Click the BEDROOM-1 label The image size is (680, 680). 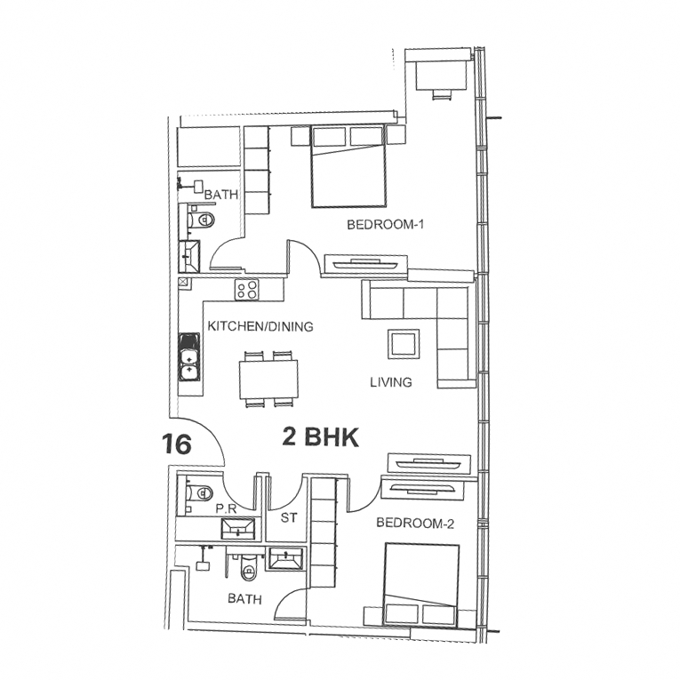click(x=385, y=225)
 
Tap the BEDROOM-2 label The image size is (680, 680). click(x=415, y=523)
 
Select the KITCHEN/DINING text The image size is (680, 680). click(x=260, y=326)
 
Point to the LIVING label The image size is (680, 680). click(x=391, y=382)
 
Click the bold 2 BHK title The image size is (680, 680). click(x=321, y=436)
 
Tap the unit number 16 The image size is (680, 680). click(x=177, y=444)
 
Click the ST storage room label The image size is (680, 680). click(x=289, y=517)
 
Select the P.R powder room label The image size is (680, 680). click(x=226, y=509)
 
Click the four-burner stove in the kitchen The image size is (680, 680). click(x=247, y=289)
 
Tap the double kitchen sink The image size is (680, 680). click(x=189, y=357)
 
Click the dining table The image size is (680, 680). click(x=268, y=380)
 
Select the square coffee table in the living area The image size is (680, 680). click(x=404, y=344)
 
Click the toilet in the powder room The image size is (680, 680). click(x=199, y=492)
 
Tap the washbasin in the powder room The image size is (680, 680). click(x=238, y=528)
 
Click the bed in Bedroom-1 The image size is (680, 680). click(x=348, y=166)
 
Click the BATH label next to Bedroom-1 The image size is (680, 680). click(x=221, y=195)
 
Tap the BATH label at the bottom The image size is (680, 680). click(x=245, y=599)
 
